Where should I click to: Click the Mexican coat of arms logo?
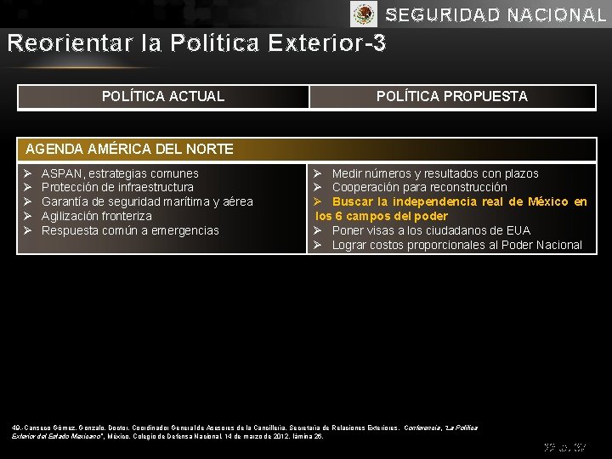[x=364, y=14]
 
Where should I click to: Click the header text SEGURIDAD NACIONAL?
[x=496, y=15]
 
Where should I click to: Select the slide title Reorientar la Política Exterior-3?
[x=196, y=42]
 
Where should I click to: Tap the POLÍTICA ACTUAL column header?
[x=163, y=96]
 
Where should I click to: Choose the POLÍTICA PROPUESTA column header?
[x=451, y=96]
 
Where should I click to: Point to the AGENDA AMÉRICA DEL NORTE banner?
[x=130, y=149]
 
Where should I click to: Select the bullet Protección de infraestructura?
[x=117, y=187]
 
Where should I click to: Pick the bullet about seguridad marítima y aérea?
[x=147, y=201]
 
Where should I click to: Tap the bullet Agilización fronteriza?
[x=96, y=216]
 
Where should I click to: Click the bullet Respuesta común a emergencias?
[x=130, y=230]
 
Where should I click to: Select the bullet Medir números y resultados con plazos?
[x=434, y=173]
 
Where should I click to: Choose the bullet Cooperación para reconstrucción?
[x=419, y=187]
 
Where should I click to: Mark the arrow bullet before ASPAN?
[x=27, y=173]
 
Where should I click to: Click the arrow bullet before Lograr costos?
[x=317, y=245]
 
